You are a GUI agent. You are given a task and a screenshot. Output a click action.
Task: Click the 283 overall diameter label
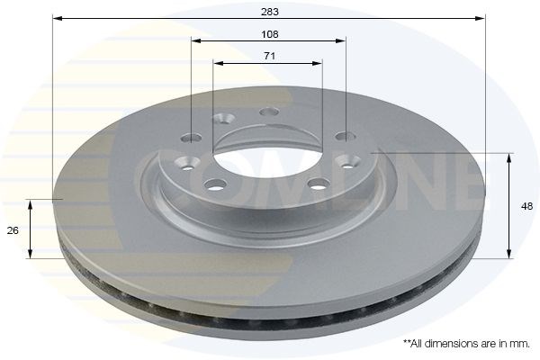point(270,12)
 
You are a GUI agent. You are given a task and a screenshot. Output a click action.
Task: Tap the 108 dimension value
point(270,34)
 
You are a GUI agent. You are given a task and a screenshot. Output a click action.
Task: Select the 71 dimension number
point(270,56)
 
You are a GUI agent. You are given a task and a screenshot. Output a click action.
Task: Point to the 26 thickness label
point(13,230)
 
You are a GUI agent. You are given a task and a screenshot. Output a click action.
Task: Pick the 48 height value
point(526,206)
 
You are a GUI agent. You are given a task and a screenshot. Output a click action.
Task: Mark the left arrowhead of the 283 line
point(58,18)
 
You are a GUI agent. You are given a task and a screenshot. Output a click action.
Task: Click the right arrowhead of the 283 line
point(480,18)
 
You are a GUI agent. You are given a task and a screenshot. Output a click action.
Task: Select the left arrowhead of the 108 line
point(196,40)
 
